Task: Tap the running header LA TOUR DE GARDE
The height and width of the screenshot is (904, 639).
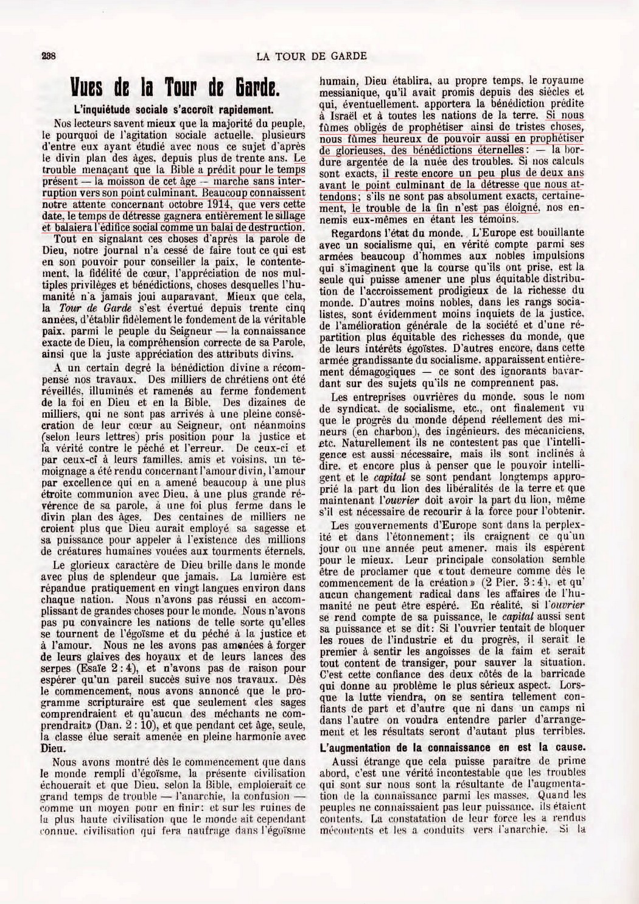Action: [312, 56]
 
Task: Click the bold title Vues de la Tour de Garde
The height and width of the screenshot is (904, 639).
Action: [175, 89]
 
